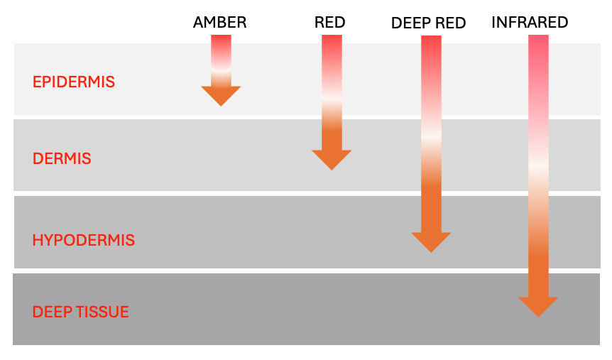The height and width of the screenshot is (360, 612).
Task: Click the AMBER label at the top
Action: (219, 23)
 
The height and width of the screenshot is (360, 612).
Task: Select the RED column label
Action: (329, 23)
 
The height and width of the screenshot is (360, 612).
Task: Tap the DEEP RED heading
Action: (428, 23)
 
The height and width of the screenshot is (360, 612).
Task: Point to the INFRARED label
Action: (530, 23)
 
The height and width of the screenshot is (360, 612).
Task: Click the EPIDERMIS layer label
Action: (74, 82)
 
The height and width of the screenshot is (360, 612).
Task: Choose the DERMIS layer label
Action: (62, 158)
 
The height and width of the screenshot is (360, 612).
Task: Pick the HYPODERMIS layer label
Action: (83, 240)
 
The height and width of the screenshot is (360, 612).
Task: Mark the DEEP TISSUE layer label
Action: (81, 312)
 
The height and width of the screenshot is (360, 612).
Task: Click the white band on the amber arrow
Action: (221, 70)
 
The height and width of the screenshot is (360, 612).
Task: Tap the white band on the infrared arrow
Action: (539, 168)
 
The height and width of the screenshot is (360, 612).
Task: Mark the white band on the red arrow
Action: (332, 102)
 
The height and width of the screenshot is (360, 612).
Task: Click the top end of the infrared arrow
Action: (539, 38)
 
